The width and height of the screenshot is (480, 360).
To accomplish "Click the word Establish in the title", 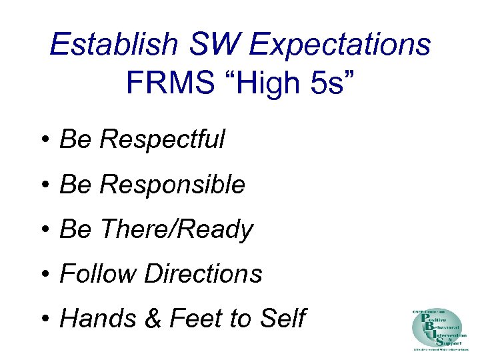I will (114, 45).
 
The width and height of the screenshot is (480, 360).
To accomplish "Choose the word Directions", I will (203, 274).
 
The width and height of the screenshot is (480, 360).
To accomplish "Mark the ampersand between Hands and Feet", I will (154, 319).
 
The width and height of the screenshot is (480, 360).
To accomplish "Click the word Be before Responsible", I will (73, 185).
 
